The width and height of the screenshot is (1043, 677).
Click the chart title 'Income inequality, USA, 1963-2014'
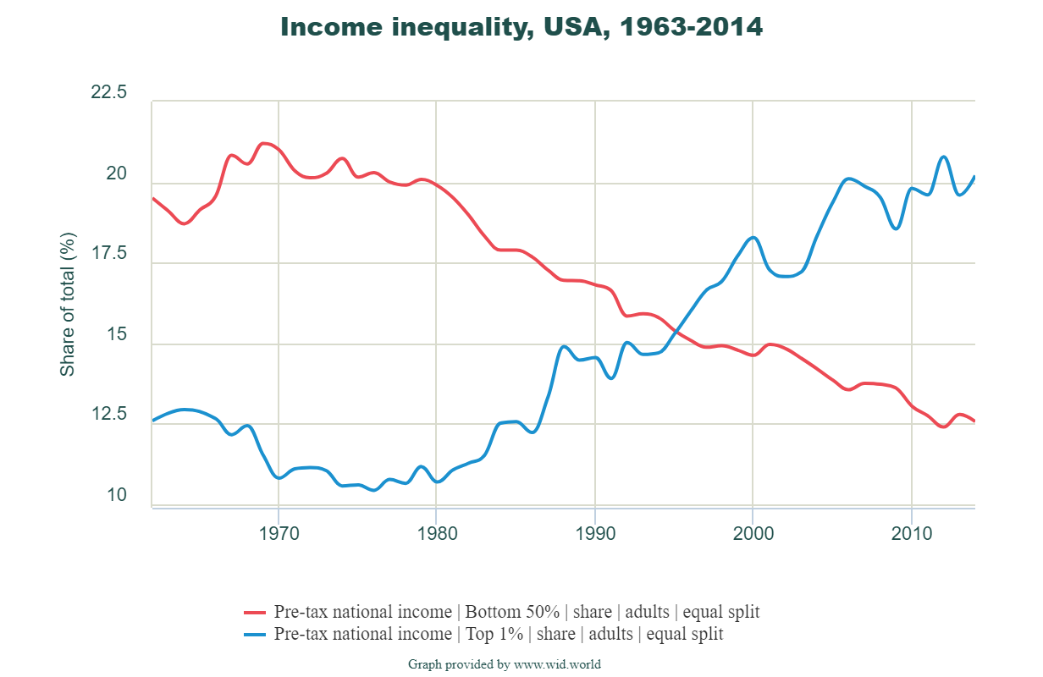click(x=521, y=27)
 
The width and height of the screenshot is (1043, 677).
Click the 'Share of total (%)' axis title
click(x=68, y=305)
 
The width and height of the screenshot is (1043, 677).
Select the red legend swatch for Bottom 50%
click(x=256, y=612)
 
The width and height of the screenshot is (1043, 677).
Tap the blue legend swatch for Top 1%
click(x=256, y=634)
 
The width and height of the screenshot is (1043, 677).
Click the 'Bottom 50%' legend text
click(x=516, y=612)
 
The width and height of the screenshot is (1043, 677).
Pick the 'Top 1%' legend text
click(x=499, y=634)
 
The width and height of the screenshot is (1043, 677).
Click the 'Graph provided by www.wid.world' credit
click(x=505, y=664)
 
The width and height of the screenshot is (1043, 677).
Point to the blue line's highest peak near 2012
click(x=943, y=157)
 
